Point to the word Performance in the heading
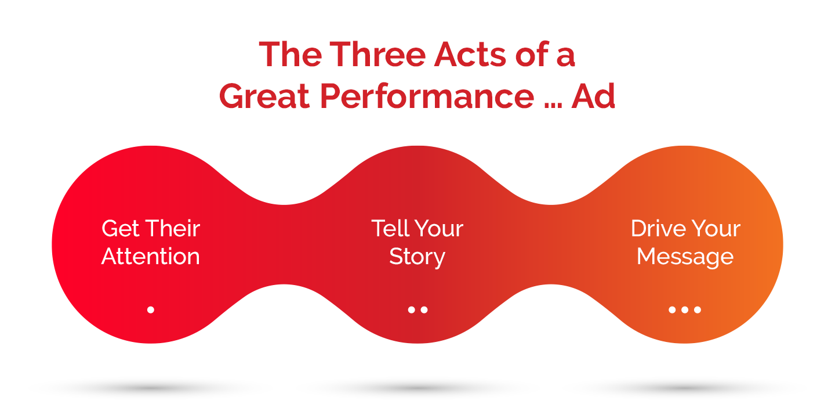point(426,96)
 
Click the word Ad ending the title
point(593,96)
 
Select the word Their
point(172,229)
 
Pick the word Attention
point(151,257)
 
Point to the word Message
point(685,257)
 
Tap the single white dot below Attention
point(151,310)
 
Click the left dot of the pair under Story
point(411,310)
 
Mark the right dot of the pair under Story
point(424,310)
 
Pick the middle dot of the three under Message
point(685,310)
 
